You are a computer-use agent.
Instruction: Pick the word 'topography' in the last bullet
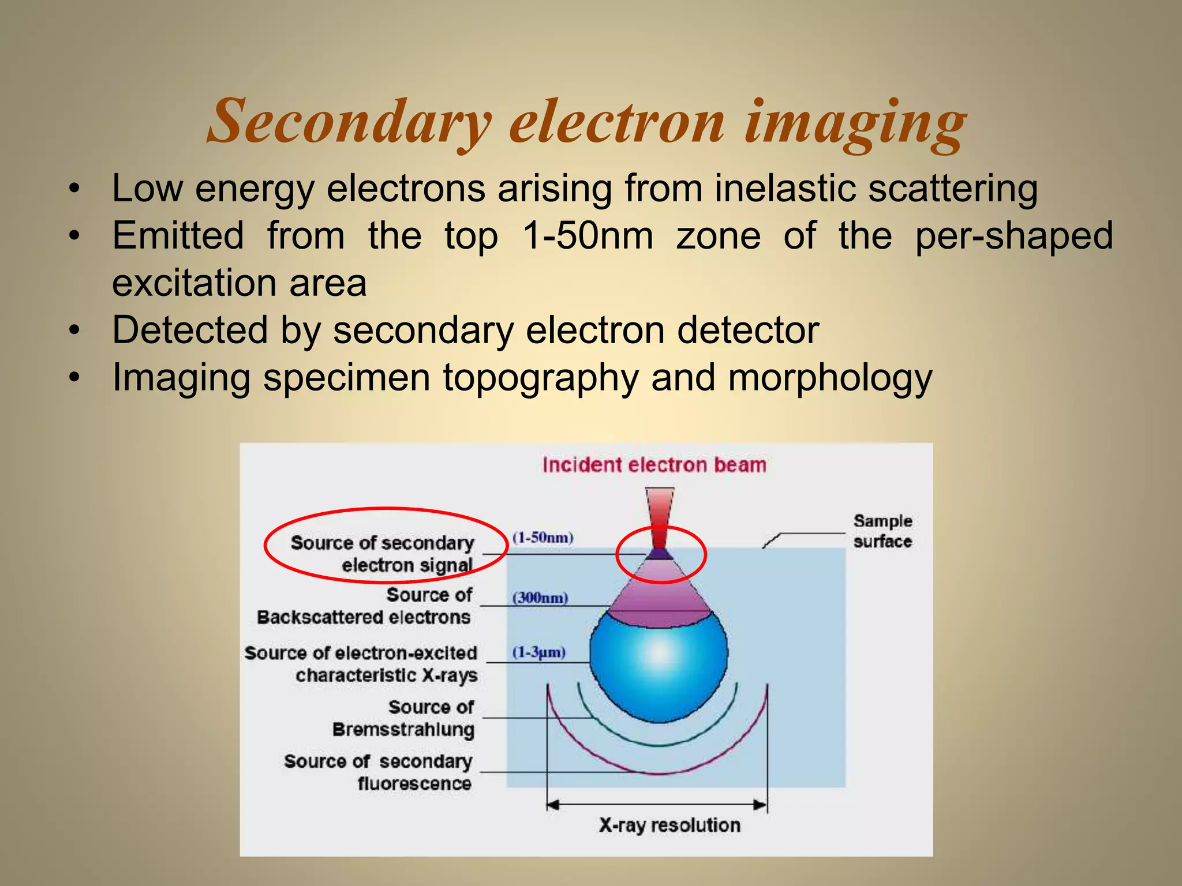point(541,377)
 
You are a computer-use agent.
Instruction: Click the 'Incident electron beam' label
point(654,465)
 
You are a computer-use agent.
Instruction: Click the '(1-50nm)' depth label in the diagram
point(543,538)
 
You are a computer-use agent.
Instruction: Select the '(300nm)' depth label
point(540,598)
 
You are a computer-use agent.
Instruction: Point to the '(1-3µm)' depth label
point(538,652)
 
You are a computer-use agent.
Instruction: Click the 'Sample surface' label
point(882,531)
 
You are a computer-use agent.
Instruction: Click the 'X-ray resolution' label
point(669,825)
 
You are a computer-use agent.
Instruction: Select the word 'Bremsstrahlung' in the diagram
point(403,729)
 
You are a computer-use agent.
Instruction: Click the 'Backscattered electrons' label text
point(364,617)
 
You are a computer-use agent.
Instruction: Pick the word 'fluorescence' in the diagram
point(414,783)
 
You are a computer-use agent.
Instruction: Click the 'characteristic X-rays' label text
point(387,675)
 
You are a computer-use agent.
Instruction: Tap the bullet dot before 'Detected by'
point(73,331)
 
